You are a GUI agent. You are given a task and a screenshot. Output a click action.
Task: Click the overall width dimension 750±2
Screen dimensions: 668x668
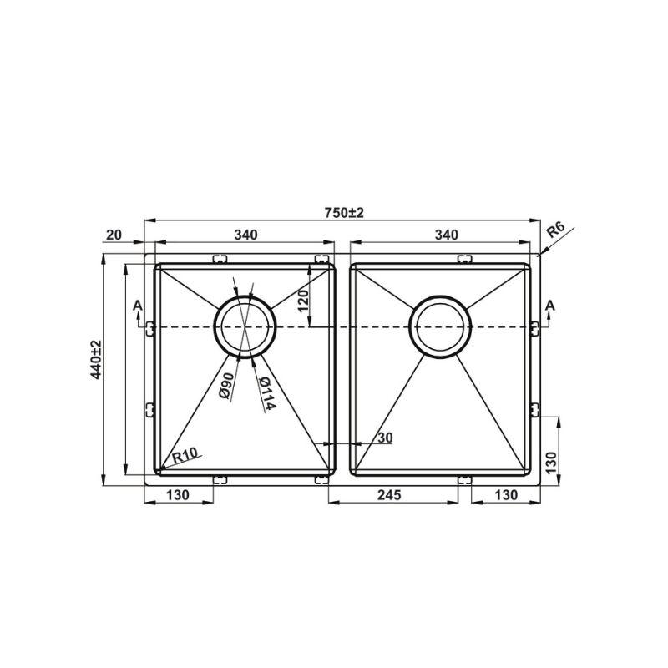344,213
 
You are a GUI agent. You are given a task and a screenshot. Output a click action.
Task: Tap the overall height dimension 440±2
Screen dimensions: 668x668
97,360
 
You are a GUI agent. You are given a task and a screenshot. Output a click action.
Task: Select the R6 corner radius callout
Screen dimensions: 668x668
555,230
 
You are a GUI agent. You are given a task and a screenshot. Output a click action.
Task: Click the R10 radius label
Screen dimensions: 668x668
185,456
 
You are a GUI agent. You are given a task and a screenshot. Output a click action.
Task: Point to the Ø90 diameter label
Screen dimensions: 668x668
226,386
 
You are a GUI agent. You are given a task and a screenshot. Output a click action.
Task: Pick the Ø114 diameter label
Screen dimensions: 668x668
267,393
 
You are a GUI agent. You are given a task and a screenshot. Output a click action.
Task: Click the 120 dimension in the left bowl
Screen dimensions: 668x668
302,301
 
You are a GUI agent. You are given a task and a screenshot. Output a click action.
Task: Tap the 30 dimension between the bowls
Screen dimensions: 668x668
385,438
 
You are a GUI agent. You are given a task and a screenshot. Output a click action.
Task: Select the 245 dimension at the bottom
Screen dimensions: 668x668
389,494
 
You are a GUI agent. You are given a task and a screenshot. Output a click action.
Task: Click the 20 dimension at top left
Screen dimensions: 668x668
114,235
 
